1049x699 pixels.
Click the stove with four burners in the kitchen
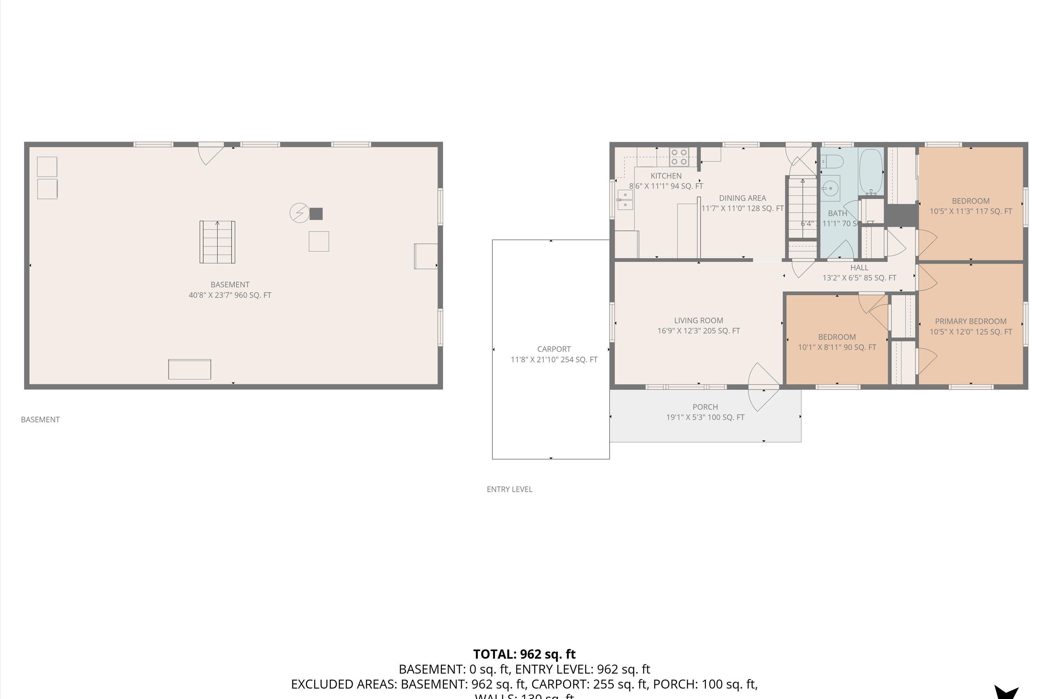click(679, 157)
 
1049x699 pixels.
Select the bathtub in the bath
click(871, 172)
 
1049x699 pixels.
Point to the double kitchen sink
click(625, 200)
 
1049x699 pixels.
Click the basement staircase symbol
click(217, 242)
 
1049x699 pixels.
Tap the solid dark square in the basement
click(316, 214)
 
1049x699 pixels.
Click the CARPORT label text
click(554, 349)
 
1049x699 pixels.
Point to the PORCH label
click(705, 407)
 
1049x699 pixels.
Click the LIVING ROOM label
click(698, 320)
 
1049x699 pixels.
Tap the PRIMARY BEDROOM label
click(971, 322)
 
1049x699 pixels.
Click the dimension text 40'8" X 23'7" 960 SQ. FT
click(230, 295)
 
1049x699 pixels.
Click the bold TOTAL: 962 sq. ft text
click(524, 654)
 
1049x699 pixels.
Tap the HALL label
click(859, 267)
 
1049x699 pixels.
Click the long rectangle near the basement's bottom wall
click(190, 369)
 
